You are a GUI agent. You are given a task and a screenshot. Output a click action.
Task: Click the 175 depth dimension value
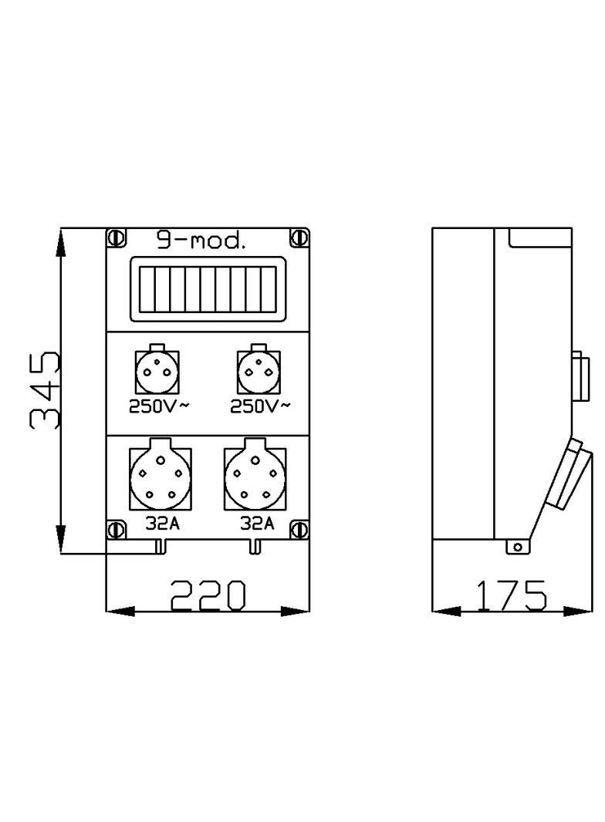tap(511, 595)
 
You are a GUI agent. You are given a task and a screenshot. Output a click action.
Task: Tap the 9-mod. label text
tap(201, 241)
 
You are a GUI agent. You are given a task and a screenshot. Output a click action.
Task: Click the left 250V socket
tap(157, 372)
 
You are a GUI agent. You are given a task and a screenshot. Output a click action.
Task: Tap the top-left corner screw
tap(116, 237)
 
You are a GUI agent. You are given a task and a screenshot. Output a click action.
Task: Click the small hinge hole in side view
tap(518, 547)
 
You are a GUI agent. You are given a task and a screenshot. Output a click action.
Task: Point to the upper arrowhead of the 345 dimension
tap(61, 244)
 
